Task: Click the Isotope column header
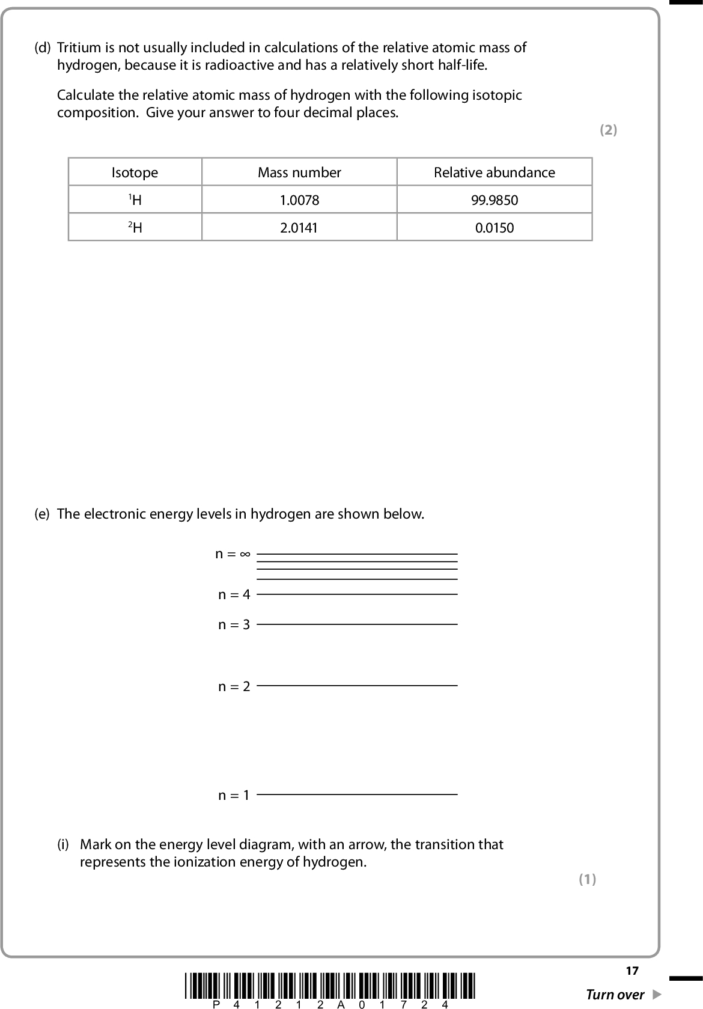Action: click(x=135, y=172)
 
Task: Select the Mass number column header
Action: click(x=299, y=172)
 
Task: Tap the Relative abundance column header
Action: click(x=494, y=172)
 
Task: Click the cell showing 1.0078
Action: click(x=299, y=200)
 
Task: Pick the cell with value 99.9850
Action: click(x=494, y=200)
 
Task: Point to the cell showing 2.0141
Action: click(x=299, y=228)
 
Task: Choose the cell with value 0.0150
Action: click(x=494, y=228)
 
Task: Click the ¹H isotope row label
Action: click(x=135, y=200)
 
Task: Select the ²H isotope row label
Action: click(x=135, y=228)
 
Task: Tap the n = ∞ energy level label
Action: click(x=233, y=553)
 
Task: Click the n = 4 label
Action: click(x=234, y=594)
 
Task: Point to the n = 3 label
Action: click(x=234, y=625)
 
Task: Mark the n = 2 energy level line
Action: click(x=357, y=685)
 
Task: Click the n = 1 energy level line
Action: click(x=357, y=794)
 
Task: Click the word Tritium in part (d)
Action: click(x=77, y=47)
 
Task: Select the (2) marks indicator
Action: click(x=608, y=130)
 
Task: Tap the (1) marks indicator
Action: click(x=587, y=879)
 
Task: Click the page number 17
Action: click(x=631, y=971)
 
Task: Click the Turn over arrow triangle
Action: click(x=657, y=994)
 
